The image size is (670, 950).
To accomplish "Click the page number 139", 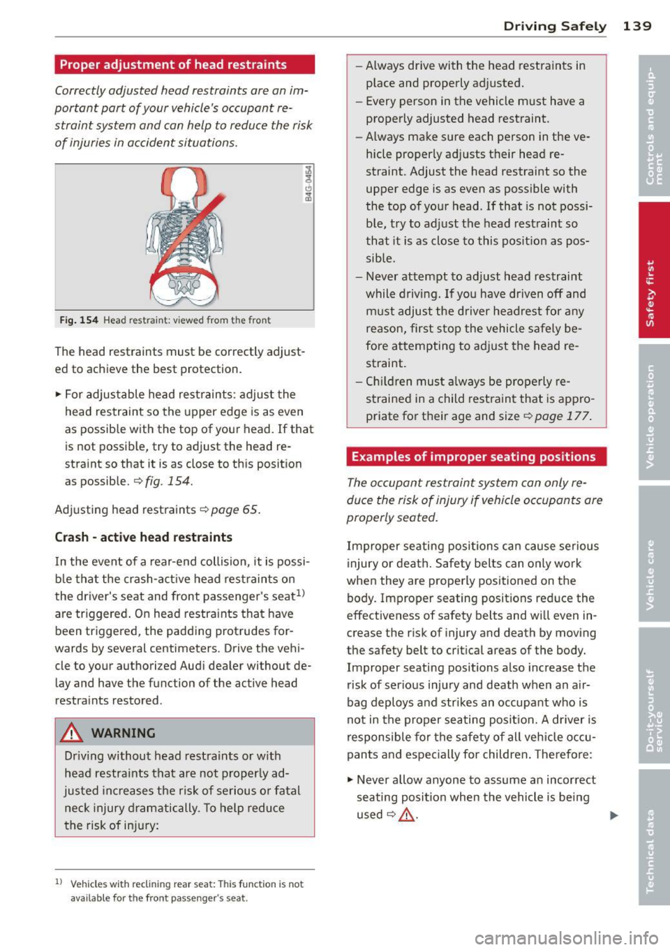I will click(x=636, y=26).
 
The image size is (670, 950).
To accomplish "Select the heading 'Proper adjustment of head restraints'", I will click(x=173, y=65).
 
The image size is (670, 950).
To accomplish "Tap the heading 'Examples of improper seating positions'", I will click(x=473, y=457).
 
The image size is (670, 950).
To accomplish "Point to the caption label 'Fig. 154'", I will click(x=79, y=320).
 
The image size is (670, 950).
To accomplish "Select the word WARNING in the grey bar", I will click(x=123, y=733).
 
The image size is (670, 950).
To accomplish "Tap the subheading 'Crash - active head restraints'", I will click(x=143, y=537).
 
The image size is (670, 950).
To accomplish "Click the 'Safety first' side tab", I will click(x=653, y=271).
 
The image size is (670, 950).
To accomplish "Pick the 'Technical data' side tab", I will click(x=653, y=836).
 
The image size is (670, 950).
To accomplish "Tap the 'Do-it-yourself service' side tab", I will click(x=653, y=695).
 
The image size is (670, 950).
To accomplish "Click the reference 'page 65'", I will click(x=234, y=510).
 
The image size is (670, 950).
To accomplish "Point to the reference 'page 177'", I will click(x=562, y=416).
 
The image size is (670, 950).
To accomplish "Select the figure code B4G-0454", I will click(x=308, y=183).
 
